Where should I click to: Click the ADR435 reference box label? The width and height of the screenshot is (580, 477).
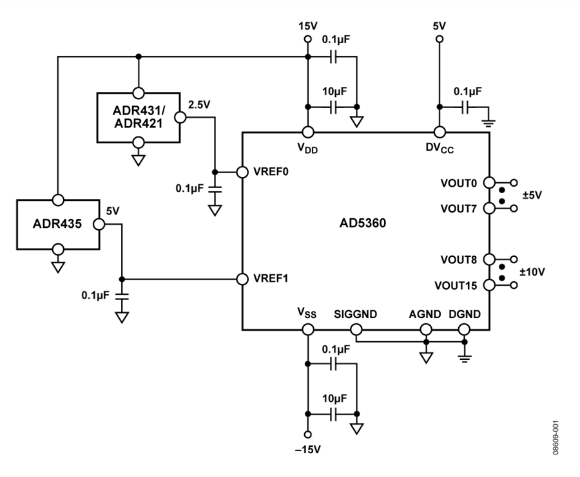57,223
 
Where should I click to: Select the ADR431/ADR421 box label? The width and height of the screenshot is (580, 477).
139,117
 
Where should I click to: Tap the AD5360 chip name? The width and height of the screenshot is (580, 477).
362,223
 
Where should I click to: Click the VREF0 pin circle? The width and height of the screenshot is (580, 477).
242,172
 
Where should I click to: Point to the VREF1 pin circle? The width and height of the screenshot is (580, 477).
242,279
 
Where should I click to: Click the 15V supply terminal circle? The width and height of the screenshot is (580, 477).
307,39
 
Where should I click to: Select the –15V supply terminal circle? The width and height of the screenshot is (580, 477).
307,435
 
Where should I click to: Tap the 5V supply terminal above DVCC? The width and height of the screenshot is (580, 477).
440,39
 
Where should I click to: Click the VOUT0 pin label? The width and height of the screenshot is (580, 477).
459,183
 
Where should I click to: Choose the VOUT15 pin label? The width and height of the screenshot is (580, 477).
456,286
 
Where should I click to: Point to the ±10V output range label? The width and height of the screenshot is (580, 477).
532,272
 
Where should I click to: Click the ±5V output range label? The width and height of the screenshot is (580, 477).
532,195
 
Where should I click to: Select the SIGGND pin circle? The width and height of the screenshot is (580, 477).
356,329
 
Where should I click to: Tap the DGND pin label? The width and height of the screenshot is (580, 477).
465,314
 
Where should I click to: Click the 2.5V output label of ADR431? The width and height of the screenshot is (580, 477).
199,105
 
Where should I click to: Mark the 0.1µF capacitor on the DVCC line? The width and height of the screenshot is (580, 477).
465,107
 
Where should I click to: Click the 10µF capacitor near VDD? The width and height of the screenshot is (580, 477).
333,107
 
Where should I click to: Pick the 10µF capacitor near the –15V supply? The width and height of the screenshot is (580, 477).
333,414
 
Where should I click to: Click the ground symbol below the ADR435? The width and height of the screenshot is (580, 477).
58,267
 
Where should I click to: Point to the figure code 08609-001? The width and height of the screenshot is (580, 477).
556,438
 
